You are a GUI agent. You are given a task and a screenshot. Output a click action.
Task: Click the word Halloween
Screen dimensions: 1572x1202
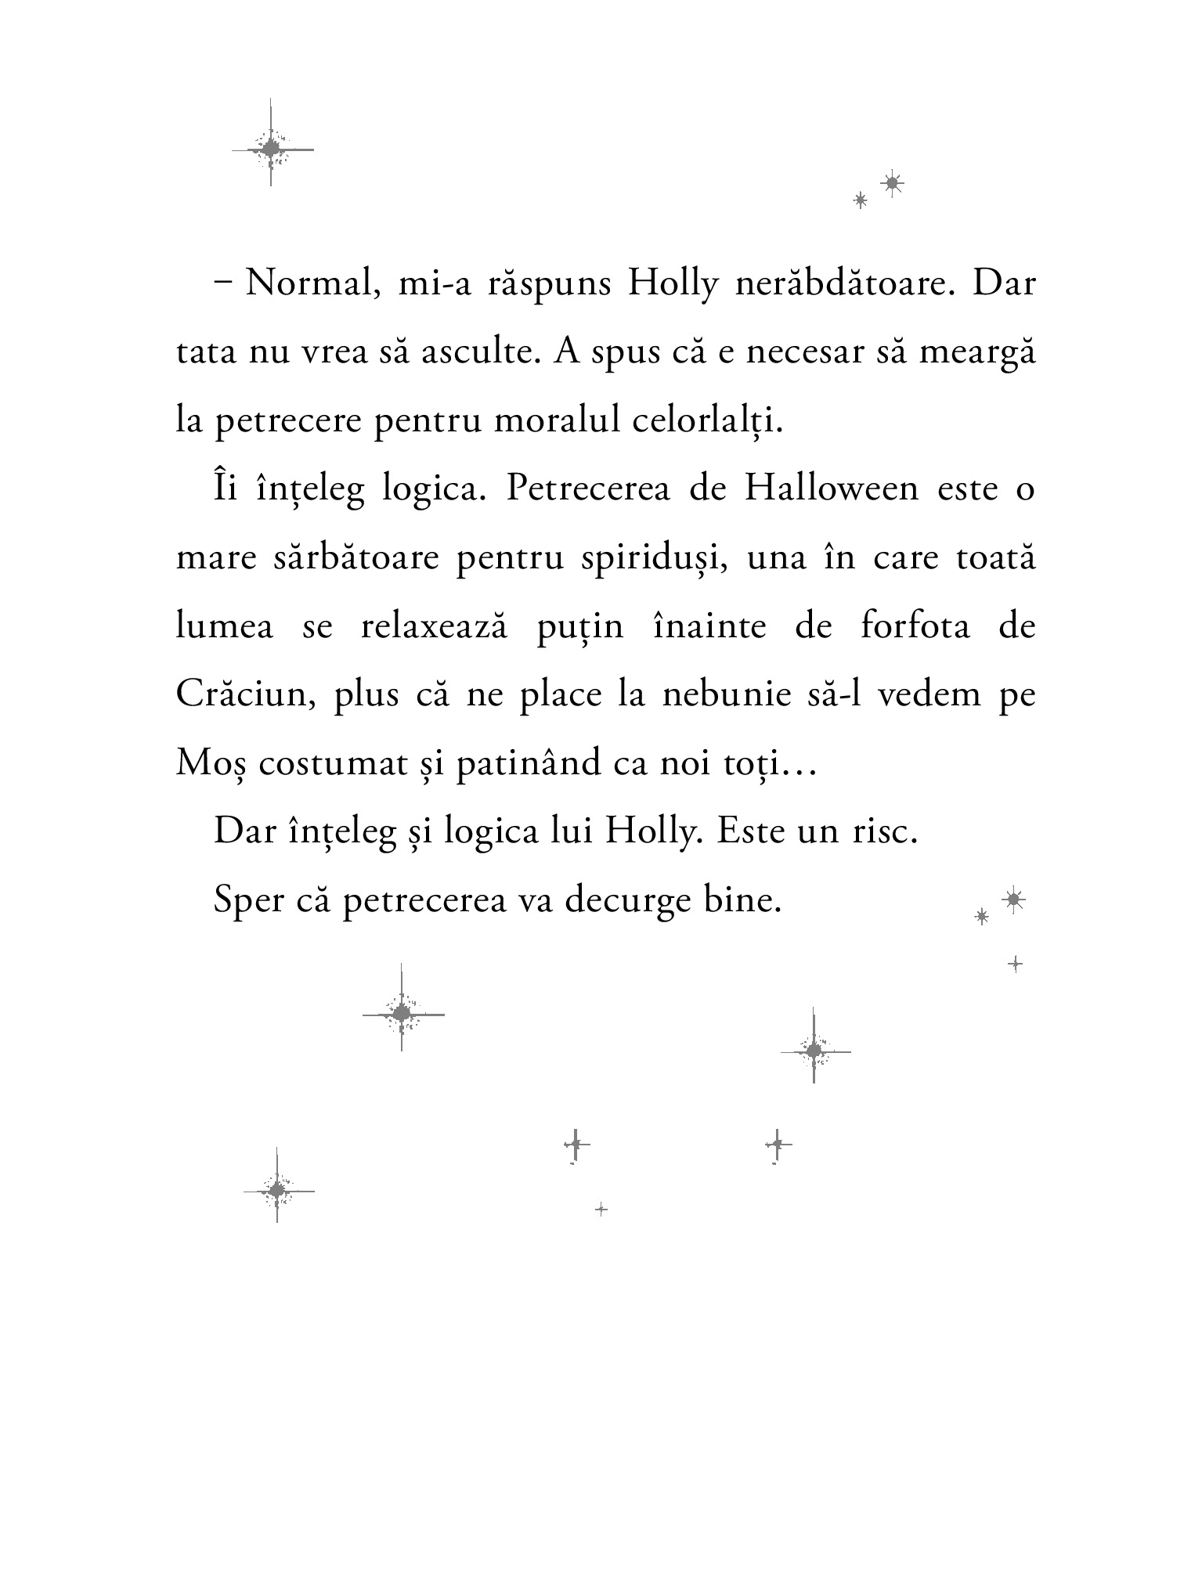[x=831, y=490]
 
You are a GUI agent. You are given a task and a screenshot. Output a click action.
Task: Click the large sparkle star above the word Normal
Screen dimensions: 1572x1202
[x=271, y=147]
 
